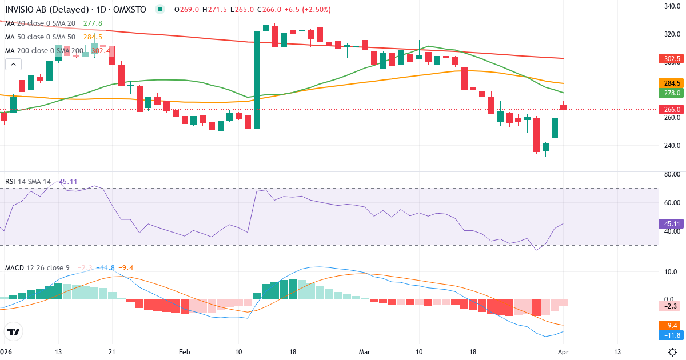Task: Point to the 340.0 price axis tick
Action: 671,6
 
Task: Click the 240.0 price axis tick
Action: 671,146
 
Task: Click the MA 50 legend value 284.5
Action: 93,37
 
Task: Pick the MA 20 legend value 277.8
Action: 93,23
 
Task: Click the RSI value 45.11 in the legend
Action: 68,182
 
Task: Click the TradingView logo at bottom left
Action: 13,331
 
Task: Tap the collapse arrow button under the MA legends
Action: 13,64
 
